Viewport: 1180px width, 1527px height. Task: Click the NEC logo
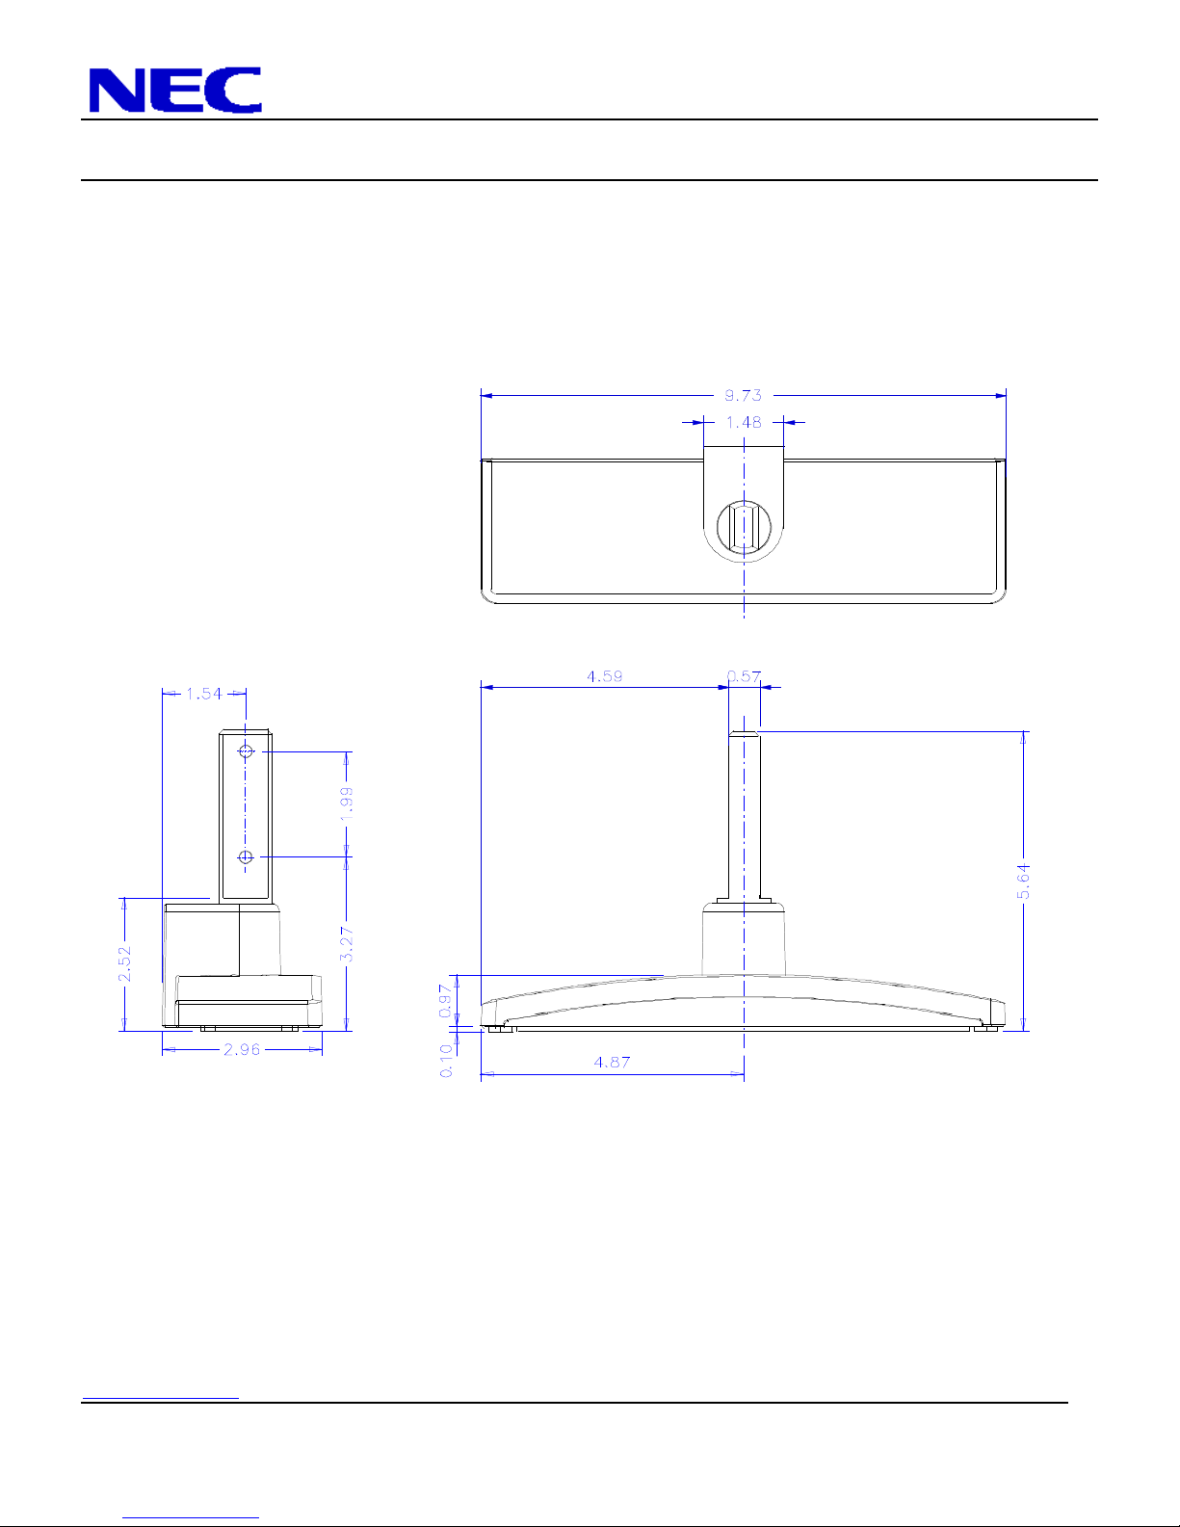click(175, 90)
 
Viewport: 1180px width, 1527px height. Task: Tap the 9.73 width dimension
click(743, 396)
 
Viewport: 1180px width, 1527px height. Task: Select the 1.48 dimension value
click(744, 422)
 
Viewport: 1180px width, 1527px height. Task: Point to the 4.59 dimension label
click(605, 676)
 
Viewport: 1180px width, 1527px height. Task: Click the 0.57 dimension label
click(744, 676)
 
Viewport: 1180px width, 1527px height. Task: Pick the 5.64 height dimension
click(1023, 882)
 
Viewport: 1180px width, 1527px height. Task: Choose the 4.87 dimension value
click(612, 1062)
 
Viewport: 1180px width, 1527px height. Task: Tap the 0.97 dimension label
click(445, 1001)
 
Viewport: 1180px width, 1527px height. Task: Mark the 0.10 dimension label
click(446, 1061)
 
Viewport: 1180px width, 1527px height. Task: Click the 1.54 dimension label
click(203, 694)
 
